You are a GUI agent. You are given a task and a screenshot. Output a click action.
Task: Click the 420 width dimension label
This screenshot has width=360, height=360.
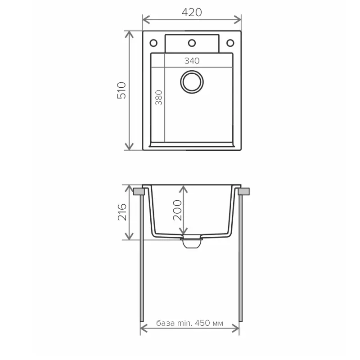click(192, 13)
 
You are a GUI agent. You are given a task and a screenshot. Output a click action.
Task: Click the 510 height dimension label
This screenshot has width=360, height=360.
click(122, 90)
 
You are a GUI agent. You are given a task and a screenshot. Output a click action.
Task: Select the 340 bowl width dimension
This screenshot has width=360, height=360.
click(192, 61)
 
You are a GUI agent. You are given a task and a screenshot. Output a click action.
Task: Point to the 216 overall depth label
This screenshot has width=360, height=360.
click(122, 212)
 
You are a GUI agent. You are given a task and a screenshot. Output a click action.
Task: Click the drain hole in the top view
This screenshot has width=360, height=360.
click(192, 81)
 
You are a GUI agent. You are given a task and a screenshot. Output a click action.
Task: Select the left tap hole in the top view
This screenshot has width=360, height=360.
click(153, 43)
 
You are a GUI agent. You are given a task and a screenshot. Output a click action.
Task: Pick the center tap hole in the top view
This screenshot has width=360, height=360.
click(192, 43)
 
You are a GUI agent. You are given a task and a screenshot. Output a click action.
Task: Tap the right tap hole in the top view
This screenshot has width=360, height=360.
click(230, 43)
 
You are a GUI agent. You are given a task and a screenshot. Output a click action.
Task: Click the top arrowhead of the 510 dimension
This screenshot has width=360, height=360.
click(130, 34)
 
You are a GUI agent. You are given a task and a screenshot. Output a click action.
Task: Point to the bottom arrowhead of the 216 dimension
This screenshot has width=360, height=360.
click(130, 237)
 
